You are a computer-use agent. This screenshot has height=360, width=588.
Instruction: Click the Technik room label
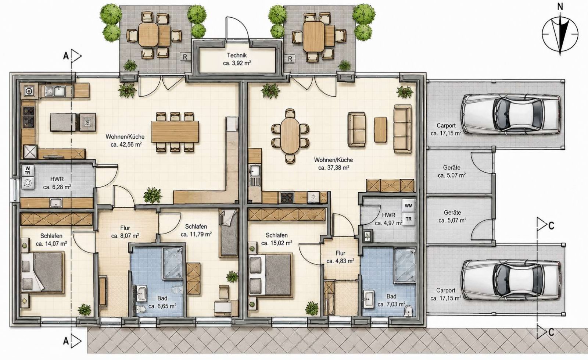pos(237,56)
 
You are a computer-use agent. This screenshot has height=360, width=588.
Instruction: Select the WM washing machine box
pos(408,206)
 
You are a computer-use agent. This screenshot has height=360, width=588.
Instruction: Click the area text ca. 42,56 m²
pos(126,144)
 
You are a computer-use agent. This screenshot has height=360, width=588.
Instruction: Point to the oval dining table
pos(290,136)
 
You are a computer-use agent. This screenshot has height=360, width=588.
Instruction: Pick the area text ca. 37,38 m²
pos(334,168)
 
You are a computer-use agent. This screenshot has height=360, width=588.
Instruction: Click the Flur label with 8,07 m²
pos(125,228)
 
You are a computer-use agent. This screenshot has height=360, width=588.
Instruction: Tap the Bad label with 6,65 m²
pos(162,298)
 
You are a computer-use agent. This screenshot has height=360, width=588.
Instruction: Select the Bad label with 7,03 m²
pos(391,296)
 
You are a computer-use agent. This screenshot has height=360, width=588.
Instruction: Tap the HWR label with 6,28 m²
pos(57,179)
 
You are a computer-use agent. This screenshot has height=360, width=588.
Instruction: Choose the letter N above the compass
pos(560,7)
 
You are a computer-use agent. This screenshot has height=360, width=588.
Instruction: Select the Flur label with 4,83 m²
pos(340,253)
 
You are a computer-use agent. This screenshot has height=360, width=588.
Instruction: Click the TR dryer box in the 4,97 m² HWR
pos(408,219)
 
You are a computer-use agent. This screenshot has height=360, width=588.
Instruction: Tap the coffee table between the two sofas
pos(380,130)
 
